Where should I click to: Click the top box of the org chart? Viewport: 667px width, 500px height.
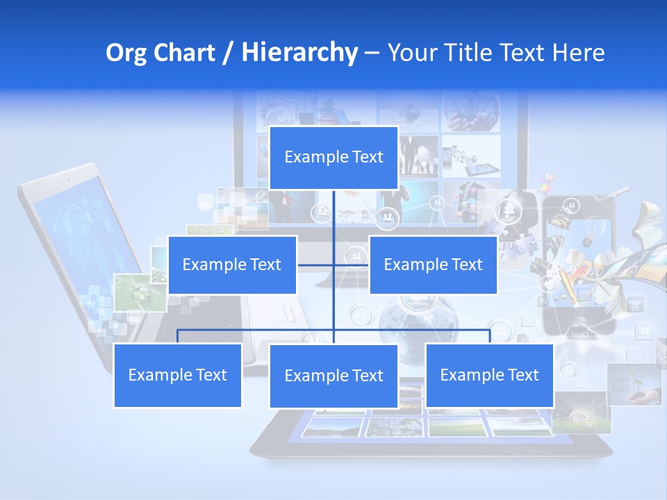pos(333,158)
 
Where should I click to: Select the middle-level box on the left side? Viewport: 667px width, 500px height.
pos(232,265)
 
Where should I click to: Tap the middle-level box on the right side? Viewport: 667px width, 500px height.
pos(433,265)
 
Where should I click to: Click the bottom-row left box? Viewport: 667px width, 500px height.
pos(177,375)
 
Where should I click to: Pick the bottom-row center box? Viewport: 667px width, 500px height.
pos(333,376)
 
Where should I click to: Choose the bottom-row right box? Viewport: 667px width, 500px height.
pos(489,375)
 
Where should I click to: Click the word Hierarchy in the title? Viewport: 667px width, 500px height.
pos(299,53)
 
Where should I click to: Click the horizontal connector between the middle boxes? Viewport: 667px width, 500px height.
pos(333,265)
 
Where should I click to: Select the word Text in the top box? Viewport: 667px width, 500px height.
pos(367,158)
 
